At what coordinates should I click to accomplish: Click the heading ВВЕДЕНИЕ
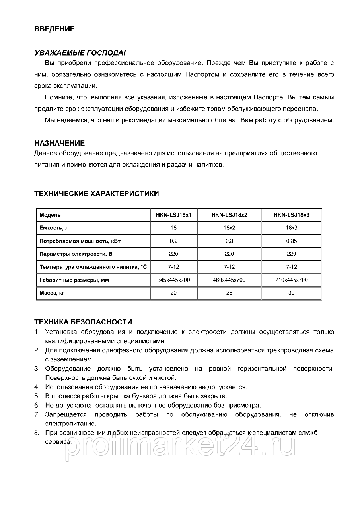point(54,29)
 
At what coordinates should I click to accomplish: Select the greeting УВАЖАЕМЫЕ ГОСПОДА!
point(80,53)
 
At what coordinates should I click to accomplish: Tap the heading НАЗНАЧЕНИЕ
point(60,143)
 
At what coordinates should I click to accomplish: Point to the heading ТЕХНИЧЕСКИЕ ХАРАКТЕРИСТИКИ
point(97,194)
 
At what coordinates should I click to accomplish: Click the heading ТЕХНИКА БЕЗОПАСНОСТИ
point(83,322)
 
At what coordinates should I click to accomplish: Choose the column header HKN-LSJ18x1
point(173,215)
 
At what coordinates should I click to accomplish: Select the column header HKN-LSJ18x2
point(229,215)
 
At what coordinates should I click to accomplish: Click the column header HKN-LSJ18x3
point(291,215)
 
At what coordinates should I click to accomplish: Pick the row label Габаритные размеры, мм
point(74,280)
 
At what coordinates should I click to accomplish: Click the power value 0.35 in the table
point(291,241)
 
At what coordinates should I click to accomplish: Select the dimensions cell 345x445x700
point(173,280)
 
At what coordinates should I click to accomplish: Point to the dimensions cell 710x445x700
point(291,280)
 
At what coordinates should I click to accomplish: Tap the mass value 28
point(229,293)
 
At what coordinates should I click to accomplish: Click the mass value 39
point(291,293)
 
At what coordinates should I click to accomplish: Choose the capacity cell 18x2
point(229,228)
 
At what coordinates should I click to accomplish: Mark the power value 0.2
point(173,241)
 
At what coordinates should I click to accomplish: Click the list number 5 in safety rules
point(36,396)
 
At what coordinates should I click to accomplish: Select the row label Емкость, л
point(57,228)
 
